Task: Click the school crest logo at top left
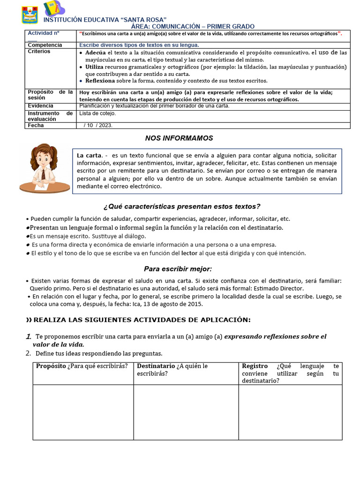click(x=30, y=15)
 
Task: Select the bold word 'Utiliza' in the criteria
click(x=94, y=67)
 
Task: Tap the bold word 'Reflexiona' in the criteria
click(x=100, y=81)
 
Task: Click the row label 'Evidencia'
click(x=41, y=106)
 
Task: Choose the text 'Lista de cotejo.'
click(x=97, y=113)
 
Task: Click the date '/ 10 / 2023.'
click(x=98, y=126)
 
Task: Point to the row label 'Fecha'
click(x=36, y=126)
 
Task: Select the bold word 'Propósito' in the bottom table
click(x=51, y=366)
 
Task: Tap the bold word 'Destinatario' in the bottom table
click(x=156, y=366)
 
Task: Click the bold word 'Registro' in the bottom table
click(x=255, y=366)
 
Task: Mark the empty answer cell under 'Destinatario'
click(x=186, y=412)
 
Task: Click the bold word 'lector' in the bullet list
click(x=189, y=253)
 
